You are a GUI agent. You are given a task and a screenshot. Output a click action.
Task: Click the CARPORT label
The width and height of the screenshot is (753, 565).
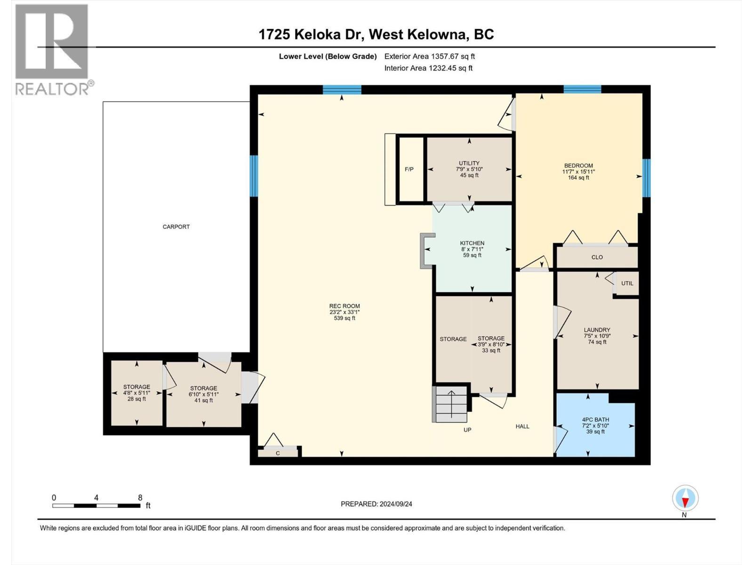point(176,226)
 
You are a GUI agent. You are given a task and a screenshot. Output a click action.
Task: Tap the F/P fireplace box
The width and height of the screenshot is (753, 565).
point(409,169)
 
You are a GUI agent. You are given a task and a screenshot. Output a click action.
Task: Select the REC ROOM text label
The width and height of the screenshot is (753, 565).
point(344,306)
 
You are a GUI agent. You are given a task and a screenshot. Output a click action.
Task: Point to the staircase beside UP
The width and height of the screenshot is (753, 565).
point(450,404)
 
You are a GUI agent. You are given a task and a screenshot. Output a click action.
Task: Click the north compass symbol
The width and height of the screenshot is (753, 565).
point(685,498)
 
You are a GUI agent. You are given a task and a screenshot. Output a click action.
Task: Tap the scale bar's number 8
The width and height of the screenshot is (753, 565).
point(140,497)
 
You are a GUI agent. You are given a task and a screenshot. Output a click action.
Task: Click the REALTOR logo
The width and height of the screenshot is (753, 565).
point(52,49)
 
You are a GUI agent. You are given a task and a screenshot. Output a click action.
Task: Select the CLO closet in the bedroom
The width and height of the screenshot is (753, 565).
point(597,257)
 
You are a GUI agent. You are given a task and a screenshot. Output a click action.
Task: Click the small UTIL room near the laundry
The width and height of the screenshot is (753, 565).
point(627,283)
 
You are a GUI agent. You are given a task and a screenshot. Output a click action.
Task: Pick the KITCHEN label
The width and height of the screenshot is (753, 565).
point(472,243)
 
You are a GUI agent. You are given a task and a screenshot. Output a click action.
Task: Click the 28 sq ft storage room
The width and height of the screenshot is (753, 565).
point(136,393)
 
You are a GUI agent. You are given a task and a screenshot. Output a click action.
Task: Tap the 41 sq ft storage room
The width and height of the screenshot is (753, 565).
point(203,394)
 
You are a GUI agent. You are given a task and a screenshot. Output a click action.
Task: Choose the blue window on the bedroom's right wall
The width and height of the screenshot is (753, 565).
point(646,178)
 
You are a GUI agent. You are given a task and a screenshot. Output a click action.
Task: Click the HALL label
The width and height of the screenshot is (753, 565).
point(522,427)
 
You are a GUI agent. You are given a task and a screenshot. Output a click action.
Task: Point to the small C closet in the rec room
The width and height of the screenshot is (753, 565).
point(278,453)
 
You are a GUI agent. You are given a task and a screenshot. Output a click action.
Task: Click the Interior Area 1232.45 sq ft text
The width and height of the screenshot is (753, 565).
point(428,68)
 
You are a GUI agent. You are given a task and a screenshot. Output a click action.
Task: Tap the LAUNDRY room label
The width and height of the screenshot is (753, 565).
point(597,330)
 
